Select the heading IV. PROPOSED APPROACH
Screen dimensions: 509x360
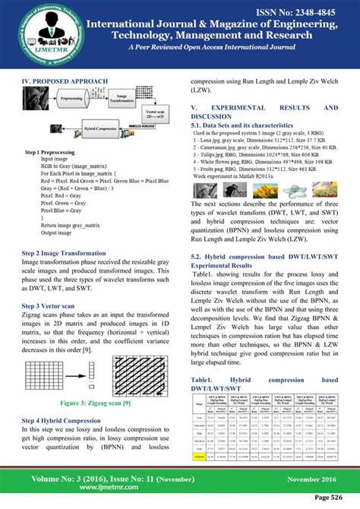pyautogui.click(x=69, y=79)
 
